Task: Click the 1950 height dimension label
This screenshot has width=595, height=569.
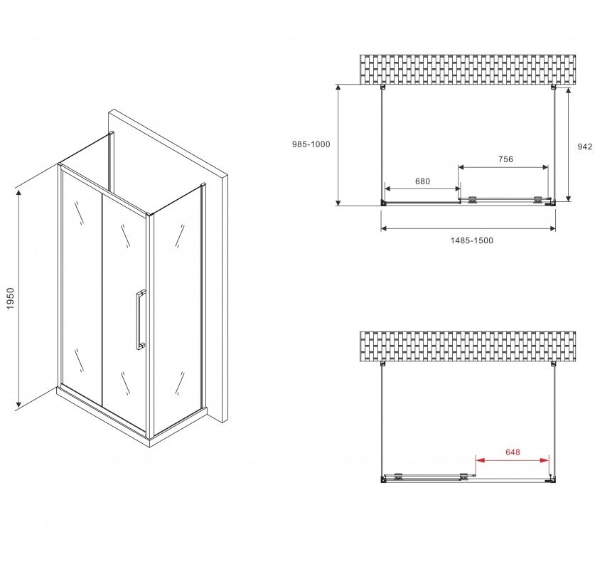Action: pos(10,298)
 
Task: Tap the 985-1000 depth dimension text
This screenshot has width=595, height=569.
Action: pos(311,144)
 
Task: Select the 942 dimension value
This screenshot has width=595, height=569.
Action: pos(585,147)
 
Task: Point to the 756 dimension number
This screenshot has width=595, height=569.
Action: pos(505,159)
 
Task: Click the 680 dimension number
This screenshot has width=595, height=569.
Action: pos(422,181)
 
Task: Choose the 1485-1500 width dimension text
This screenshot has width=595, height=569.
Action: pos(472,240)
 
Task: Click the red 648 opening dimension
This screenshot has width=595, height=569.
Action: pos(513,452)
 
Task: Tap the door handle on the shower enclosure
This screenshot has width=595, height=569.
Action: pos(140,319)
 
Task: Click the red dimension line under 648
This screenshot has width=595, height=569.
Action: pos(513,460)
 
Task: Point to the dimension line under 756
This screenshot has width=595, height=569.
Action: pos(503,167)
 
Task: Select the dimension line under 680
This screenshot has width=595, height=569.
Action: pos(422,188)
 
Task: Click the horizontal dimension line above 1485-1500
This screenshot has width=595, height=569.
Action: pos(468,228)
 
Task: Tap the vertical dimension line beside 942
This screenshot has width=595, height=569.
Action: pos(568,144)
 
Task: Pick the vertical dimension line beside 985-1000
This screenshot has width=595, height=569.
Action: pos(338,145)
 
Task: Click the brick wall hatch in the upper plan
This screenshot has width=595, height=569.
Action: pos(468,70)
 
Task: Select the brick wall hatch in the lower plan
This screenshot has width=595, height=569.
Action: pos(468,346)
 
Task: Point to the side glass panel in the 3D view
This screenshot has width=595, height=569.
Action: pos(178,309)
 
